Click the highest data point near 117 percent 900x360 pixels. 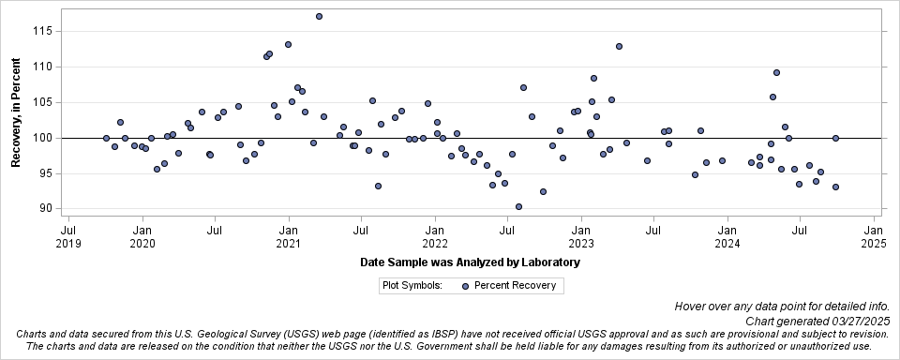coord(319,16)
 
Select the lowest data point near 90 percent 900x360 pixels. coord(518,206)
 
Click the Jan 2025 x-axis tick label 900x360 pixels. coord(873,235)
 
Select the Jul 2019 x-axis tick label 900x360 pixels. coord(68,235)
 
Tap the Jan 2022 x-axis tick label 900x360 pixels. coord(434,235)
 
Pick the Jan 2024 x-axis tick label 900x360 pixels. coord(727,235)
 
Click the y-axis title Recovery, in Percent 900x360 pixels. coord(16,111)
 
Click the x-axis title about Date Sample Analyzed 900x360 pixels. coord(469,262)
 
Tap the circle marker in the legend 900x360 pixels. coord(465,285)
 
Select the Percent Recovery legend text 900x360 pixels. coord(515,285)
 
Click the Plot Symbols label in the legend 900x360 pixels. coord(412,285)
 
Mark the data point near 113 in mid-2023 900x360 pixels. coord(619,46)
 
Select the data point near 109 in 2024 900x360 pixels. coord(776,72)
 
